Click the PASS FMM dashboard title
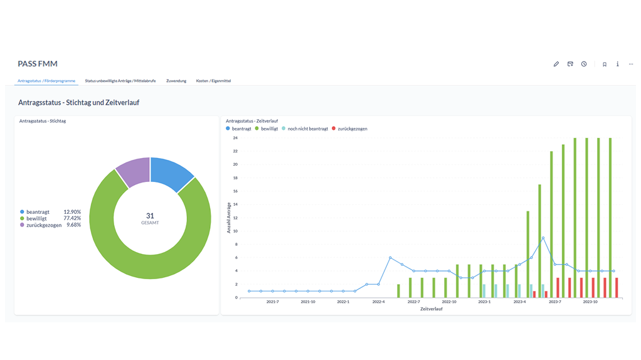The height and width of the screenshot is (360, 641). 38,64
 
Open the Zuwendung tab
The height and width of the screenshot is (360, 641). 176,81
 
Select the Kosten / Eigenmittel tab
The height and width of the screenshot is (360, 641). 213,81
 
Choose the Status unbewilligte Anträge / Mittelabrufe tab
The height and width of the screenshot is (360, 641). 120,81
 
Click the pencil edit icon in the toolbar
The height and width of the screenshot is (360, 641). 556,64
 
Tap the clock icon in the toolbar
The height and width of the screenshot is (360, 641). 584,64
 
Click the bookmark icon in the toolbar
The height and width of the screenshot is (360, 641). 605,64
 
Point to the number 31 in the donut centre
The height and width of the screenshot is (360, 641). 150,215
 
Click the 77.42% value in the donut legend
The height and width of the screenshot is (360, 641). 72,218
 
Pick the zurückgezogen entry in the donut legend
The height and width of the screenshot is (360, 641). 44,225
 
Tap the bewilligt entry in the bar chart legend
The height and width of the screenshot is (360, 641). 269,129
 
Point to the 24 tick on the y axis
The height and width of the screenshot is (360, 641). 235,138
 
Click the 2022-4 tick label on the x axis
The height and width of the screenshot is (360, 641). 378,302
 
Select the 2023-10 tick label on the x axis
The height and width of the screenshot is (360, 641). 590,302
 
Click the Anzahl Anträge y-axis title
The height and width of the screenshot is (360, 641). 229,218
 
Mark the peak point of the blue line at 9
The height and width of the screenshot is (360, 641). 543,238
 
